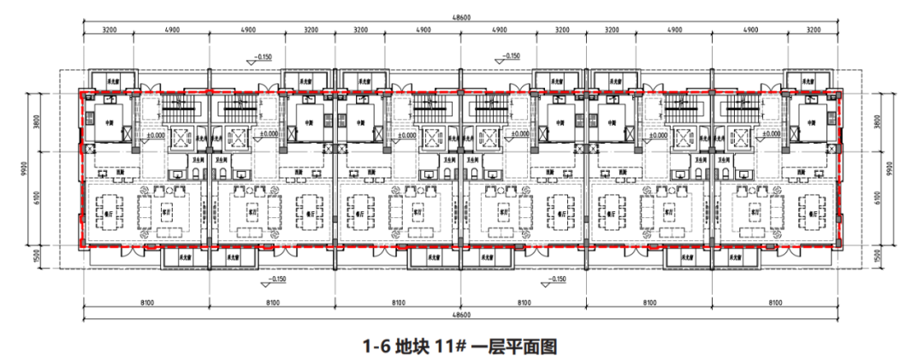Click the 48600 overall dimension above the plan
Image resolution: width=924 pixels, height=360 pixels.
[x=462, y=18]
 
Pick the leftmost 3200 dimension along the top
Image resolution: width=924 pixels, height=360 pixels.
[x=104, y=30]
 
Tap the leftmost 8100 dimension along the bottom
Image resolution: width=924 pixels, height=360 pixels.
[x=145, y=304]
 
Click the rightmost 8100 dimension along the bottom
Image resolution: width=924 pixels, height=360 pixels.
[x=775, y=304]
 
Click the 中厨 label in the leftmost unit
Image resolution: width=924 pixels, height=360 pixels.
[x=109, y=121]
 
